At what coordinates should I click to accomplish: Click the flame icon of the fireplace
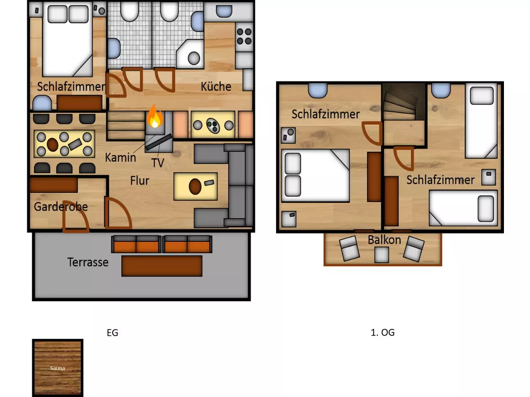155,116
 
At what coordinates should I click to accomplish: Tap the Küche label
216,86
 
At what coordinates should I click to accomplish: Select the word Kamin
121,157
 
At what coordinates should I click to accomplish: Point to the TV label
158,163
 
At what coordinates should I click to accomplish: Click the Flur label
140,180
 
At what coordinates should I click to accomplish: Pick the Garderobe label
61,207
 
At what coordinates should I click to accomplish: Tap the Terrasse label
88,262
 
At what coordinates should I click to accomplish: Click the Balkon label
384,240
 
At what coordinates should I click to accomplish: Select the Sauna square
58,367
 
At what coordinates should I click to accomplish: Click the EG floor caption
113,333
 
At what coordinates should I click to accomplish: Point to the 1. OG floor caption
383,333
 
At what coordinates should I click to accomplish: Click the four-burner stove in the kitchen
244,37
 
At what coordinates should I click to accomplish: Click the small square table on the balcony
382,255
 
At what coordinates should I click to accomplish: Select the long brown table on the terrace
162,266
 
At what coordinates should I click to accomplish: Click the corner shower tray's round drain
193,58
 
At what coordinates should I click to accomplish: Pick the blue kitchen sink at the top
224,11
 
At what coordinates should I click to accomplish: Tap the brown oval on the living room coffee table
195,186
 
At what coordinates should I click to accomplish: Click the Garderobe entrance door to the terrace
76,217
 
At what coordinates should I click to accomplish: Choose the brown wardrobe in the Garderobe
53,185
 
